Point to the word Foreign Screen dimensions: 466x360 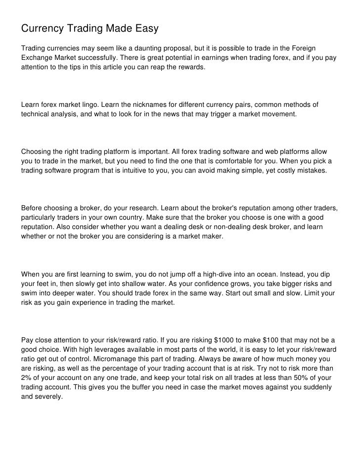303,47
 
